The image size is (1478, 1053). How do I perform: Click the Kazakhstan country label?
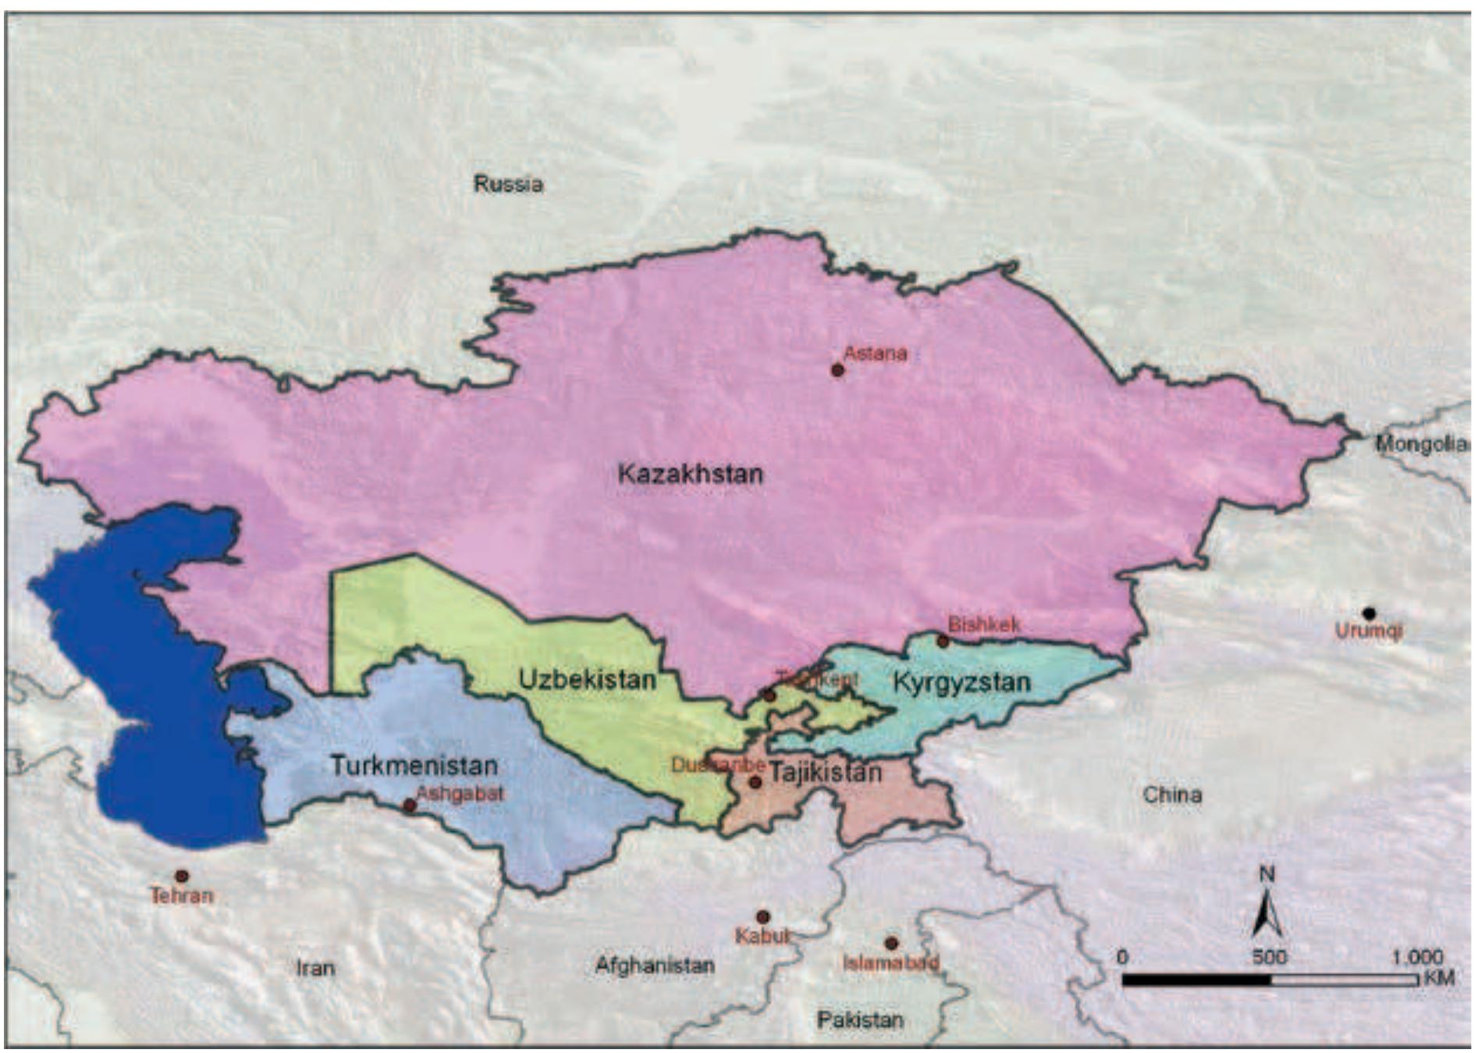coord(690,474)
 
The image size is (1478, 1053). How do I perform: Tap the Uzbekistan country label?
coord(587,679)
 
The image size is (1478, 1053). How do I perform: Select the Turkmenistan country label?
coord(414,765)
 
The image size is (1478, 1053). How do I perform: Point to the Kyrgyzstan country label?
coord(961,682)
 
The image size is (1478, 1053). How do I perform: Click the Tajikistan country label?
coord(826,773)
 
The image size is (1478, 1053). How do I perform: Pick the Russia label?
coord(508,184)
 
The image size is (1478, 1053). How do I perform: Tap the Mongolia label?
coord(1420,443)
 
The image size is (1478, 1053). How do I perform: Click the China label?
coord(1172,795)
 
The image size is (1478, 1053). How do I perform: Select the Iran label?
coord(315,968)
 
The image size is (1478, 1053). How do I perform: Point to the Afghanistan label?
coord(655,966)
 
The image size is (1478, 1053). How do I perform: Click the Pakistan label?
coord(860,1019)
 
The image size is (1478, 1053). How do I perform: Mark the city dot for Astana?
coord(837,370)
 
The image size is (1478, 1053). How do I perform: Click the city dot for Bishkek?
coord(943,642)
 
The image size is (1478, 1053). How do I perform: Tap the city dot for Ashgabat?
coord(410,806)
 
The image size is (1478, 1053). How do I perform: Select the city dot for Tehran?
coord(182,877)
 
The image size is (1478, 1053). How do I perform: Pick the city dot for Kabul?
coord(763,917)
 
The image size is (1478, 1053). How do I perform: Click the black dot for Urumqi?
coord(1369,614)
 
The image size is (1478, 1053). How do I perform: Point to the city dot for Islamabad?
coord(891,944)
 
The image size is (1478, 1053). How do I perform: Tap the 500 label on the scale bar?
coord(1270,957)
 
